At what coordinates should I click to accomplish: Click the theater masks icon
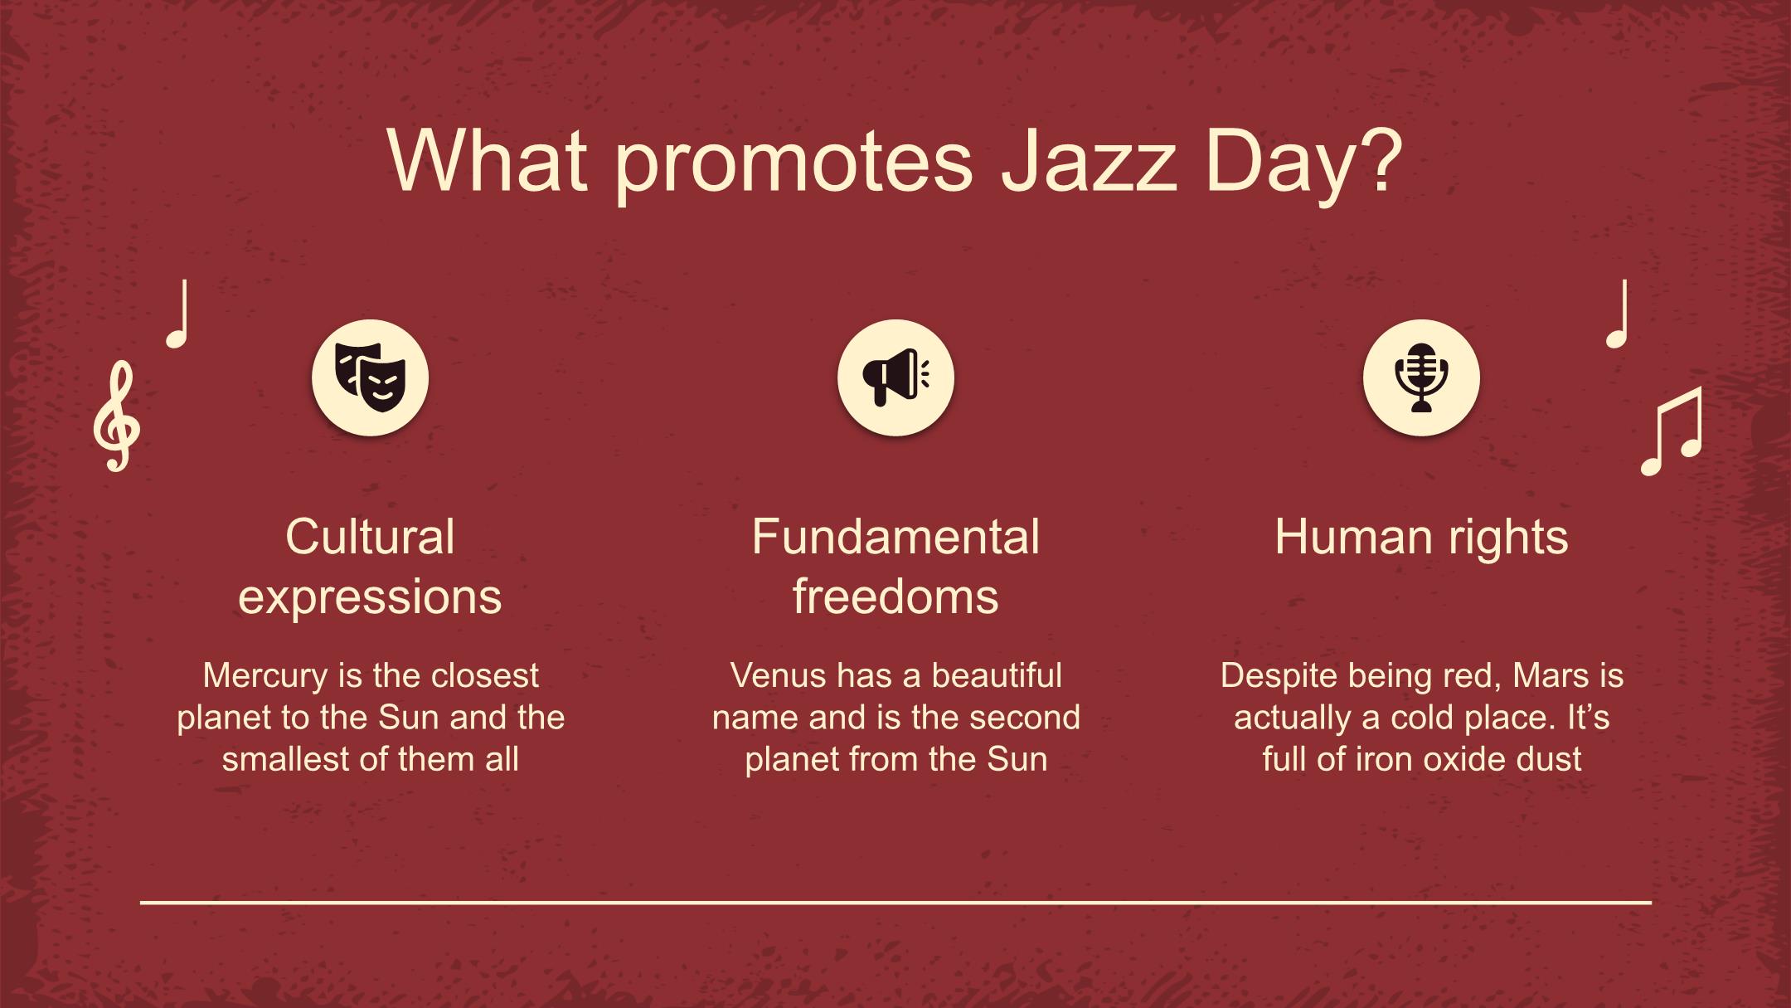(370, 377)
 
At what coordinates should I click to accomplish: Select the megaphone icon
(895, 377)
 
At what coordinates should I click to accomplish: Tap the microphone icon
(1421, 377)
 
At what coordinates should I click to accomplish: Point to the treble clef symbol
(116, 416)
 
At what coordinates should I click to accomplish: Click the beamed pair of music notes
(1672, 431)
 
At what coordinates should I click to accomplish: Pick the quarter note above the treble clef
(178, 314)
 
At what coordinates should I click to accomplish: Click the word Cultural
(370, 537)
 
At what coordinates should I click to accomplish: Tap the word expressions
(370, 598)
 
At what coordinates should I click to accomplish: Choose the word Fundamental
(895, 537)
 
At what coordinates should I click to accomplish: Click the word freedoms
(895, 597)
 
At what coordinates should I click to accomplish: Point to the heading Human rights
(1421, 538)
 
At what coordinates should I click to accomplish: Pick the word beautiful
(997, 675)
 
